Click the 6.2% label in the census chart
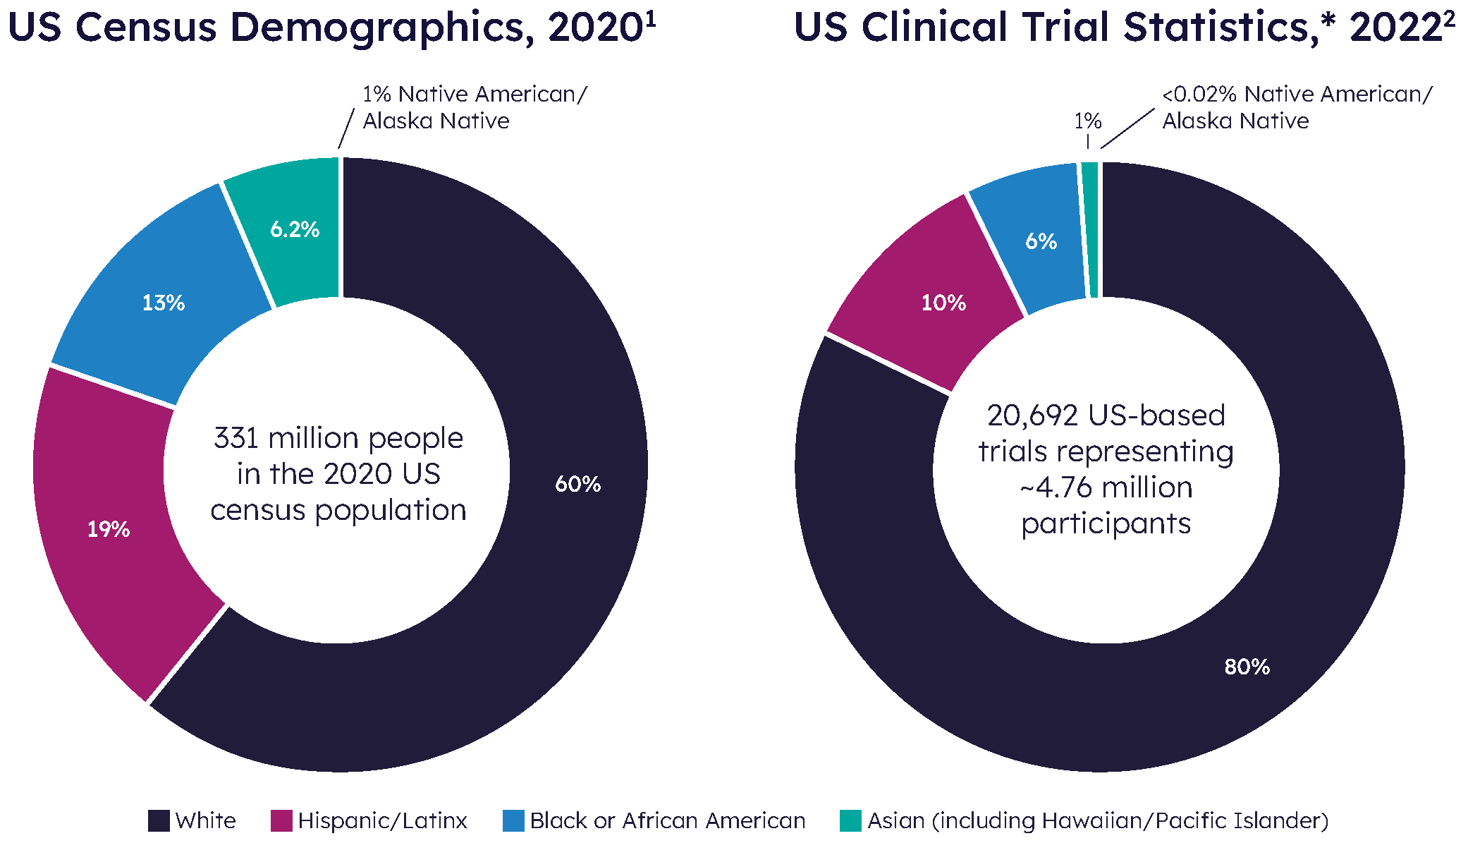pyautogui.click(x=295, y=229)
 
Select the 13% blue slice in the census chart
pyautogui.click(x=163, y=303)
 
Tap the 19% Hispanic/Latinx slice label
pyautogui.click(x=108, y=529)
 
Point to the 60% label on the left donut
pyautogui.click(x=577, y=484)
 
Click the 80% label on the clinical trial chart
pyautogui.click(x=1247, y=667)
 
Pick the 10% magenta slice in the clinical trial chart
pyautogui.click(x=943, y=303)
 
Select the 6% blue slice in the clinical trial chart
pyautogui.click(x=1040, y=241)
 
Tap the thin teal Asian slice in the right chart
pyautogui.click(x=1091, y=229)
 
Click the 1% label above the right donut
pyautogui.click(x=1087, y=121)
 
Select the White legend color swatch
pyautogui.click(x=159, y=820)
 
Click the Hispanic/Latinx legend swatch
pyautogui.click(x=281, y=820)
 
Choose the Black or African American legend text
pyautogui.click(x=667, y=820)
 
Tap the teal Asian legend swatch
pyautogui.click(x=850, y=820)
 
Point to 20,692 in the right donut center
pyautogui.click(x=1032, y=416)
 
